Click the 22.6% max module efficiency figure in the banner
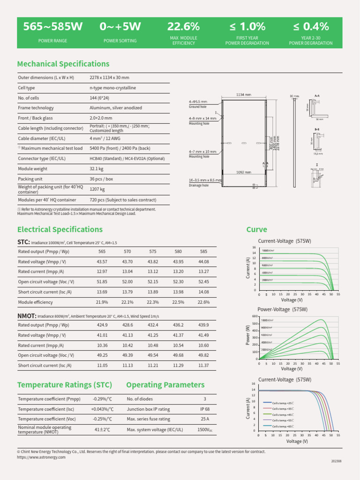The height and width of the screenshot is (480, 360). click(184, 27)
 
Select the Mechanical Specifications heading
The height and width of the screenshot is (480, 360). click(63, 64)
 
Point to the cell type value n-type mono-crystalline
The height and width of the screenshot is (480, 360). click(112, 88)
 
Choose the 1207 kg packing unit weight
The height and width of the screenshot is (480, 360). click(97, 189)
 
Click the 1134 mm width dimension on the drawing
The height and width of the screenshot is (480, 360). click(244, 95)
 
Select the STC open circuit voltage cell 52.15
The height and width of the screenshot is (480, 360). click(152, 281)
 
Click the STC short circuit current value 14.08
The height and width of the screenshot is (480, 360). click(203, 292)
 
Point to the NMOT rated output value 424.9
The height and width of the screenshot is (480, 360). click(102, 325)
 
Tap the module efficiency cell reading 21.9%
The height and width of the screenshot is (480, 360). click(102, 302)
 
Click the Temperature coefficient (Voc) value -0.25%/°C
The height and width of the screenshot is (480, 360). click(102, 419)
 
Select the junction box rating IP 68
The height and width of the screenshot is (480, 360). click(204, 409)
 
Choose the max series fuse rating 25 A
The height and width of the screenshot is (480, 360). click(204, 419)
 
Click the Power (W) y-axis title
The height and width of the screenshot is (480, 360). click(248, 337)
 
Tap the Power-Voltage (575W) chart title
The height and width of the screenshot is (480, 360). click(283, 309)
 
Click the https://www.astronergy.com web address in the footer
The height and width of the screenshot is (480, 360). click(41, 457)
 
